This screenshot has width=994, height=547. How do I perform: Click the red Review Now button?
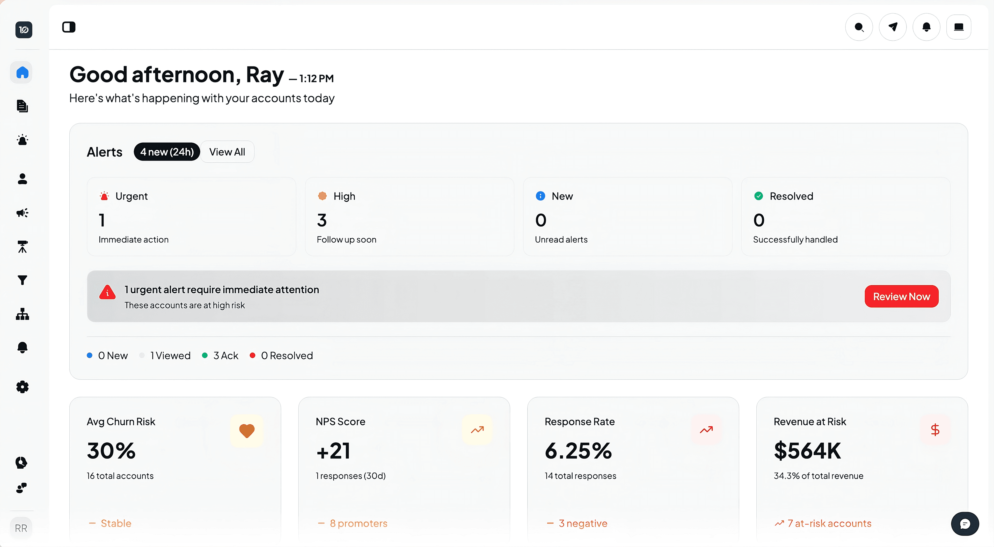click(901, 296)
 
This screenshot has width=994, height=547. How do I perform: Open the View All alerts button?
click(227, 152)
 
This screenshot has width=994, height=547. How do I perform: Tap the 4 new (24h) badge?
click(167, 152)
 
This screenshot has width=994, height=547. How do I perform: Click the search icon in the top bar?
click(859, 27)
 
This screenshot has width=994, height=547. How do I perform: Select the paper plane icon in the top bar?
click(893, 27)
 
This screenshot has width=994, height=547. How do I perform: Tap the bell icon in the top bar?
click(926, 27)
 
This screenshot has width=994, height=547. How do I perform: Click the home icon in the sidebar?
click(22, 72)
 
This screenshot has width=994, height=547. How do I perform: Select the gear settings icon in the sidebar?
click(22, 387)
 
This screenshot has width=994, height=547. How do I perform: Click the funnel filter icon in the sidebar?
click(22, 280)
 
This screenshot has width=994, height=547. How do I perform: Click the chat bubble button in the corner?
click(965, 524)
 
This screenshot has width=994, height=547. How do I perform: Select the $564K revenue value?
click(807, 450)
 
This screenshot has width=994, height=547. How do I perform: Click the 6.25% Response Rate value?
click(578, 450)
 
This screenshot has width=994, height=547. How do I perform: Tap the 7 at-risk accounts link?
click(829, 523)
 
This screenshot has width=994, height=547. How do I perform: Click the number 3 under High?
click(322, 220)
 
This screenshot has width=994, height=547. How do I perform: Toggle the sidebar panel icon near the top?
click(69, 27)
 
